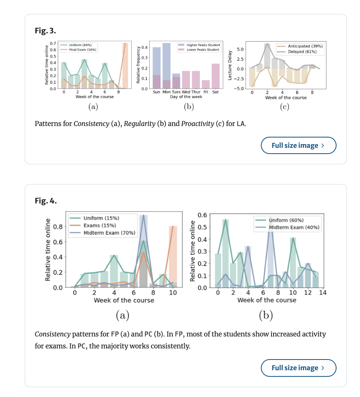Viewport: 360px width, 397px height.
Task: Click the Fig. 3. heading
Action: click(x=45, y=31)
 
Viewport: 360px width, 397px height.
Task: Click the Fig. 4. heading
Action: click(x=46, y=201)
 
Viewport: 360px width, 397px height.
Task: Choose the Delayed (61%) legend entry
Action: click(x=302, y=51)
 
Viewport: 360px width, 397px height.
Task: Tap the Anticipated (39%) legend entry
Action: click(x=305, y=46)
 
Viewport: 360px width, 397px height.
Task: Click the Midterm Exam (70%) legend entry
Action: click(x=109, y=233)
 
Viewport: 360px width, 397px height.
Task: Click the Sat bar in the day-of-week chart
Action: click(x=216, y=76)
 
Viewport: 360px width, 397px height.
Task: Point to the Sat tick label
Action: click(x=215, y=92)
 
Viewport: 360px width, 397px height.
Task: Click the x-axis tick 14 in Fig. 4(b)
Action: click(x=323, y=293)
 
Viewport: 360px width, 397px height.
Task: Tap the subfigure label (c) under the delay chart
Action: click(x=284, y=107)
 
